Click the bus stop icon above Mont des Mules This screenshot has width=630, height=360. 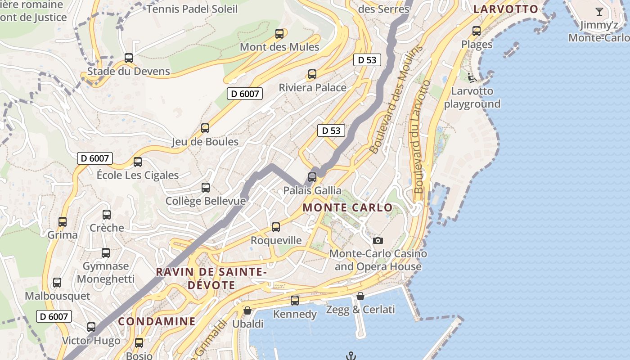[279, 33]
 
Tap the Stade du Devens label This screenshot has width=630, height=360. [129, 71]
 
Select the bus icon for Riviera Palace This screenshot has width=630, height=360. [312, 74]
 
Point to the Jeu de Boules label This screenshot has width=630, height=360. [205, 142]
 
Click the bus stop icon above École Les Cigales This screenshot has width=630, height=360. [138, 162]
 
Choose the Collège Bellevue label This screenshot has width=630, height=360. [206, 201]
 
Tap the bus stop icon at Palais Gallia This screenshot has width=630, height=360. [312, 177]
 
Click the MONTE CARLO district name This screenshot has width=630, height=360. [347, 208]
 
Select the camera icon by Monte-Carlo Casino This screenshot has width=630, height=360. [378, 240]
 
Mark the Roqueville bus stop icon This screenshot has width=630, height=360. [276, 227]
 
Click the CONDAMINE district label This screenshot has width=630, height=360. [157, 321]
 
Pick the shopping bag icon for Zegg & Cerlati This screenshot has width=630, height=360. [360, 296]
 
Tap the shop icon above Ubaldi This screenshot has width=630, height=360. [247, 310]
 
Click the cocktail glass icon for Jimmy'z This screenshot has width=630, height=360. [599, 12]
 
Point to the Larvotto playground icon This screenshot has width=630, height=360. [472, 78]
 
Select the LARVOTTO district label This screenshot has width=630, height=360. [506, 9]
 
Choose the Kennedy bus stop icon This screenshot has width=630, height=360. [295, 301]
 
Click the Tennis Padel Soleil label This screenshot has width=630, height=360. [192, 9]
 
